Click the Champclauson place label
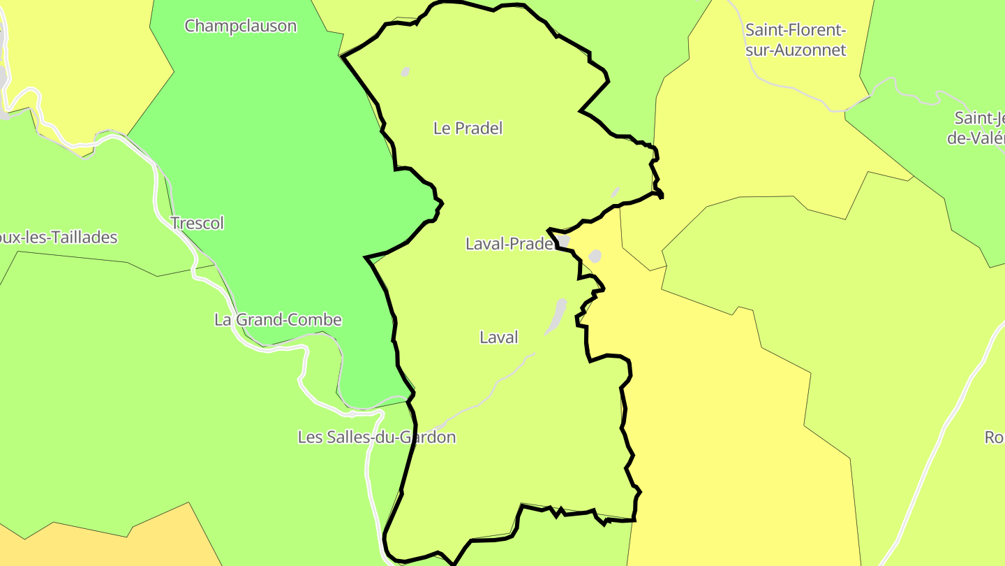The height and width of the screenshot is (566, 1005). coord(240,27)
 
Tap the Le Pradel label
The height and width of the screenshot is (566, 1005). coord(468,129)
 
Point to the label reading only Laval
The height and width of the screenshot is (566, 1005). coord(499,338)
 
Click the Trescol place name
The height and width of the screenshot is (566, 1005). coord(198,224)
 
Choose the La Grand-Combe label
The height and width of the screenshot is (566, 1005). coord(278,320)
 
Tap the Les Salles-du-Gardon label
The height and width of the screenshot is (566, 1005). coord(376,437)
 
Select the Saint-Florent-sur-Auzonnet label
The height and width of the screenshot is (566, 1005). coord(796,40)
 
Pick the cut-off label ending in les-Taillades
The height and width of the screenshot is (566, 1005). coord(59,238)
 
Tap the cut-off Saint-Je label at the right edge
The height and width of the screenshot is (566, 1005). coord(977,127)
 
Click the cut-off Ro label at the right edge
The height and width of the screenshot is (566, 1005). coord(994,437)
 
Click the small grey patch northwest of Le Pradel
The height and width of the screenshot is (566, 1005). coord(405,71)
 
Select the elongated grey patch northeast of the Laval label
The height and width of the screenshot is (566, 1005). coord(557,316)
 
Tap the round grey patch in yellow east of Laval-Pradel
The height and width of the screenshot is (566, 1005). coord(595,256)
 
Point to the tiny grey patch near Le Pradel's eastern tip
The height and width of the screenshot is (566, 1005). coord(615,192)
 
